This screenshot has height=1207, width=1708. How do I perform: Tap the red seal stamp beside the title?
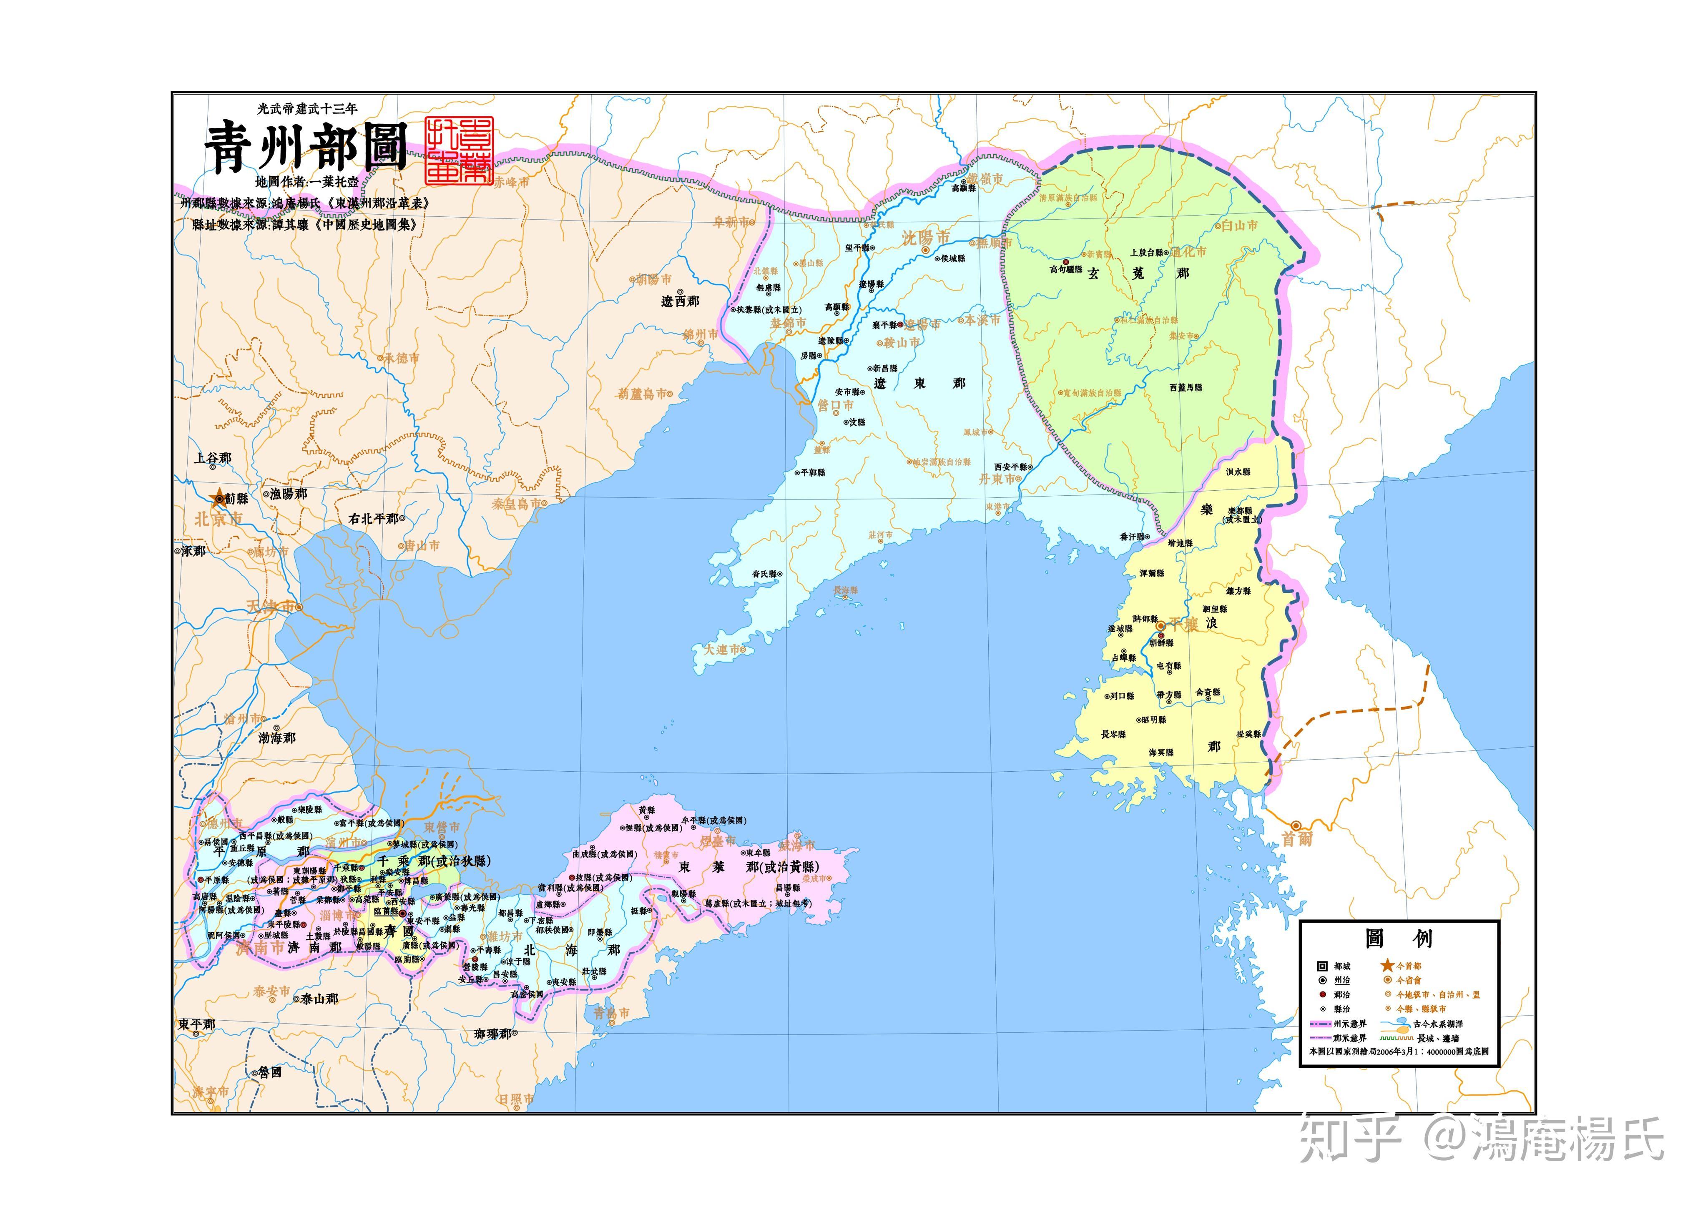point(458,150)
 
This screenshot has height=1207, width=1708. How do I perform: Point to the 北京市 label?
point(218,518)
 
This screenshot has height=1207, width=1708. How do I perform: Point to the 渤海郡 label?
point(277,738)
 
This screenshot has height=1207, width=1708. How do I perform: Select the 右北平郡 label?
point(374,518)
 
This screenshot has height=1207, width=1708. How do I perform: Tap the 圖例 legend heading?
point(1399,938)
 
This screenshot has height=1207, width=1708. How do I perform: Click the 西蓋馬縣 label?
point(1186,387)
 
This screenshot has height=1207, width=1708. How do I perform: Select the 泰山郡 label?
point(319,999)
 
